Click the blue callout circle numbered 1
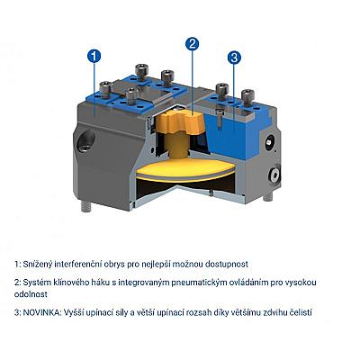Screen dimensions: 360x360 pyautogui.click(x=94, y=56)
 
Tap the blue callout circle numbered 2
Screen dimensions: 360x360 pyautogui.click(x=192, y=44)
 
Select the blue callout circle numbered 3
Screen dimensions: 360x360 pyautogui.click(x=234, y=58)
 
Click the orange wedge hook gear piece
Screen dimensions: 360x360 pyautogui.click(x=179, y=123)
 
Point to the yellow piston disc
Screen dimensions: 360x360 pyautogui.click(x=185, y=169)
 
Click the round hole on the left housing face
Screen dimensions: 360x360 pyautogui.click(x=86, y=140)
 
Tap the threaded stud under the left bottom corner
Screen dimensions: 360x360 pyautogui.click(x=86, y=207)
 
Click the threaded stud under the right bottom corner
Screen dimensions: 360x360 pyautogui.click(x=268, y=197)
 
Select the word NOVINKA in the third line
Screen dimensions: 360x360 pyautogui.click(x=42, y=312)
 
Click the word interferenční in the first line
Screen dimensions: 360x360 pyautogui.click(x=78, y=265)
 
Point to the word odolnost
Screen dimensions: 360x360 pyautogui.click(x=31, y=294)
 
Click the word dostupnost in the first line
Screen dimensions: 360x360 pyautogui.click(x=227, y=265)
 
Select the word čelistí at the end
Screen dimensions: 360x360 pyautogui.click(x=301, y=312)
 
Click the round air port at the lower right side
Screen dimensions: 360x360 pyautogui.click(x=274, y=175)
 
